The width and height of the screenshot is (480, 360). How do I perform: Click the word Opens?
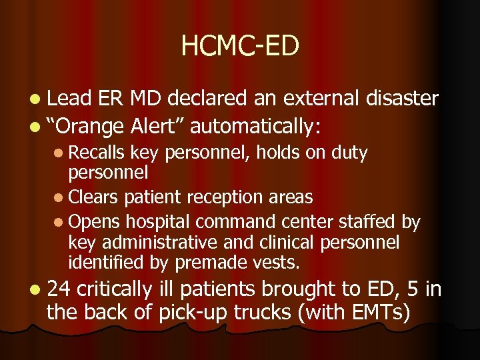93,220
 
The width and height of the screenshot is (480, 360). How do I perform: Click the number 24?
59,289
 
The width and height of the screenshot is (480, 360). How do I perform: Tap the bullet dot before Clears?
62,198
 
